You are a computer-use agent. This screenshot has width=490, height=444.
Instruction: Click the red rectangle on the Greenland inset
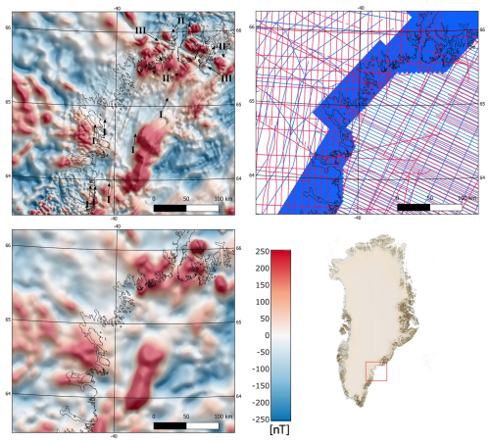pyautogui.click(x=375, y=371)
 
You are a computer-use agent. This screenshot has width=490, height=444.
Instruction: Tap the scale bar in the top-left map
pyautogui.click(x=187, y=208)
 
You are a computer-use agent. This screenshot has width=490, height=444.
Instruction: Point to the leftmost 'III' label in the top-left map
pyautogui.click(x=141, y=32)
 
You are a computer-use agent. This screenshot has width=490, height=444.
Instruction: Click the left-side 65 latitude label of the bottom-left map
pyautogui.click(x=5, y=320)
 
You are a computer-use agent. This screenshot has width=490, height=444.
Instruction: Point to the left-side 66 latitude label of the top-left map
pyautogui.click(x=5, y=27)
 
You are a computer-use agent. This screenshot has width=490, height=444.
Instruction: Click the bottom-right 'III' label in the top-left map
pyautogui.click(x=227, y=77)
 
